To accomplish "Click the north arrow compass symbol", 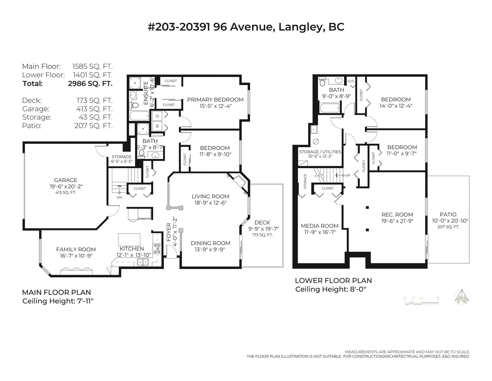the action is click(x=462, y=297).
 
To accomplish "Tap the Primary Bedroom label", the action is click(x=215, y=99).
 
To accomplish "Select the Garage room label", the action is click(x=66, y=180).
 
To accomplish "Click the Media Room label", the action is click(x=319, y=226).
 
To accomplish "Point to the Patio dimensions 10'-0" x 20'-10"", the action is click(x=450, y=221).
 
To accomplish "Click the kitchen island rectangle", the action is click(x=129, y=240).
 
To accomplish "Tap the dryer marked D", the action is click(x=157, y=116).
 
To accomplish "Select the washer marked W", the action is click(x=157, y=126).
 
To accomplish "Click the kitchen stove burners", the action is click(x=157, y=249).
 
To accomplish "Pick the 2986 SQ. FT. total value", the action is click(x=90, y=84).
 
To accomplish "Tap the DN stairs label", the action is click(x=119, y=197).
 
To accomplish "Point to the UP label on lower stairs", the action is click(x=348, y=175).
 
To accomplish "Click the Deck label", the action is click(x=262, y=222).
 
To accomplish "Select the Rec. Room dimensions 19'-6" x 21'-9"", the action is click(x=397, y=221).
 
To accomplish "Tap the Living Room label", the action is click(x=211, y=197).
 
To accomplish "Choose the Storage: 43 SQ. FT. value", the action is click(x=96, y=117).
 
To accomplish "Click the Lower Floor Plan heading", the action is click(x=334, y=281).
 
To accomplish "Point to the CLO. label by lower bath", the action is click(x=351, y=81).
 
